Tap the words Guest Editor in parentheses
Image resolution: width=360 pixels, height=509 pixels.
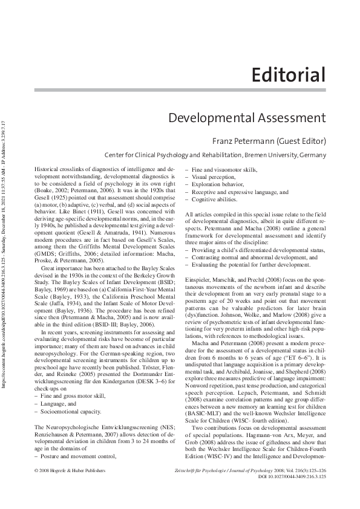(x=299, y=142)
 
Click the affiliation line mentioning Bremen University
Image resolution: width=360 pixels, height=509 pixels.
(x=215, y=155)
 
